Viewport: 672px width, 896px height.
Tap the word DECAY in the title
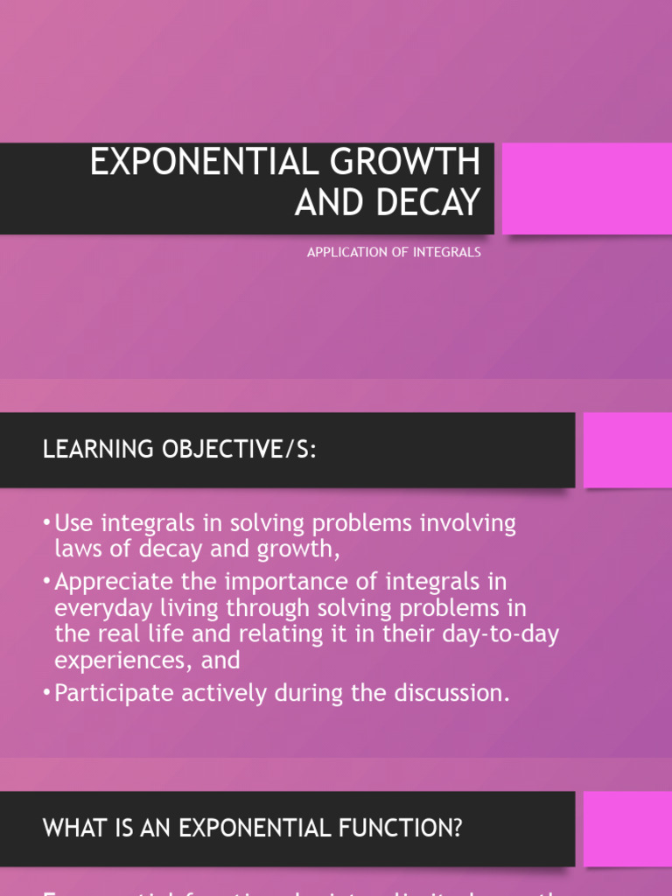click(431, 203)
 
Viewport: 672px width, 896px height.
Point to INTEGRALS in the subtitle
click(442, 252)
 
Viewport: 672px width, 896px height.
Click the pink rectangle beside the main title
click(586, 188)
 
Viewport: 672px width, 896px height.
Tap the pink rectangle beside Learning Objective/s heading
click(627, 450)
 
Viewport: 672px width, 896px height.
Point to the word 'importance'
click(295, 582)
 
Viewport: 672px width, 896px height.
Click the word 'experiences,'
click(123, 660)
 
